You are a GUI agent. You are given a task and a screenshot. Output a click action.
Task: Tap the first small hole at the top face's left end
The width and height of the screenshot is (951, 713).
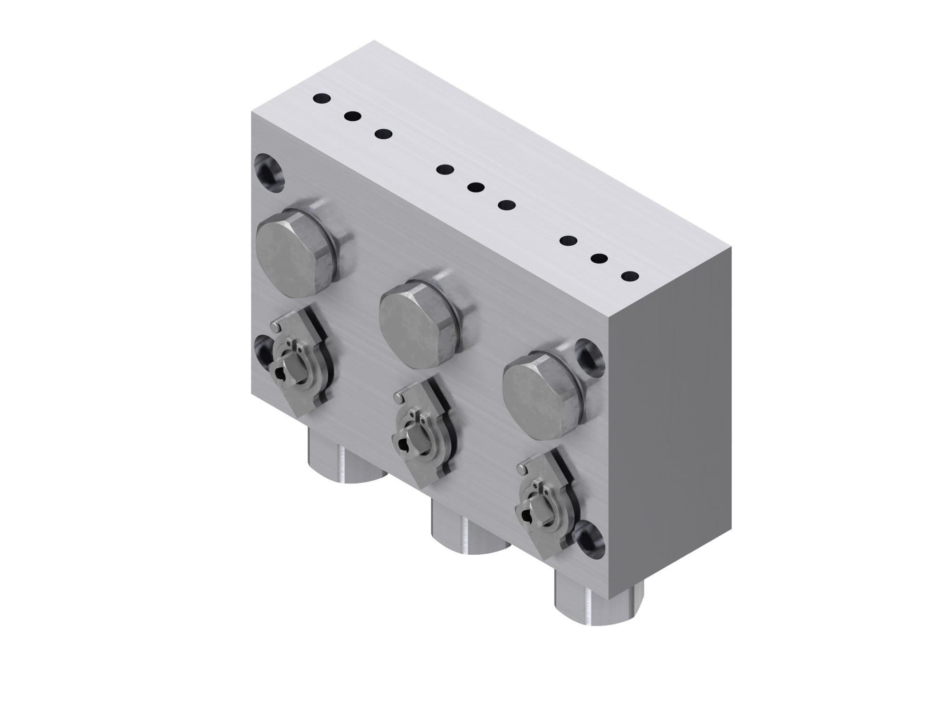[321, 99]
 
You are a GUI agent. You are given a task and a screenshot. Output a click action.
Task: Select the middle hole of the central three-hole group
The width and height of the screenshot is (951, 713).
[475, 187]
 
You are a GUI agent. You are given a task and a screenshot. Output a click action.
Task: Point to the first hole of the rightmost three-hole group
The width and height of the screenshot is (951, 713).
[568, 241]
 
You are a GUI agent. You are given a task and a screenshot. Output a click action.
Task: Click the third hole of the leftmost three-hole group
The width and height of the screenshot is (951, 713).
[383, 135]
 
